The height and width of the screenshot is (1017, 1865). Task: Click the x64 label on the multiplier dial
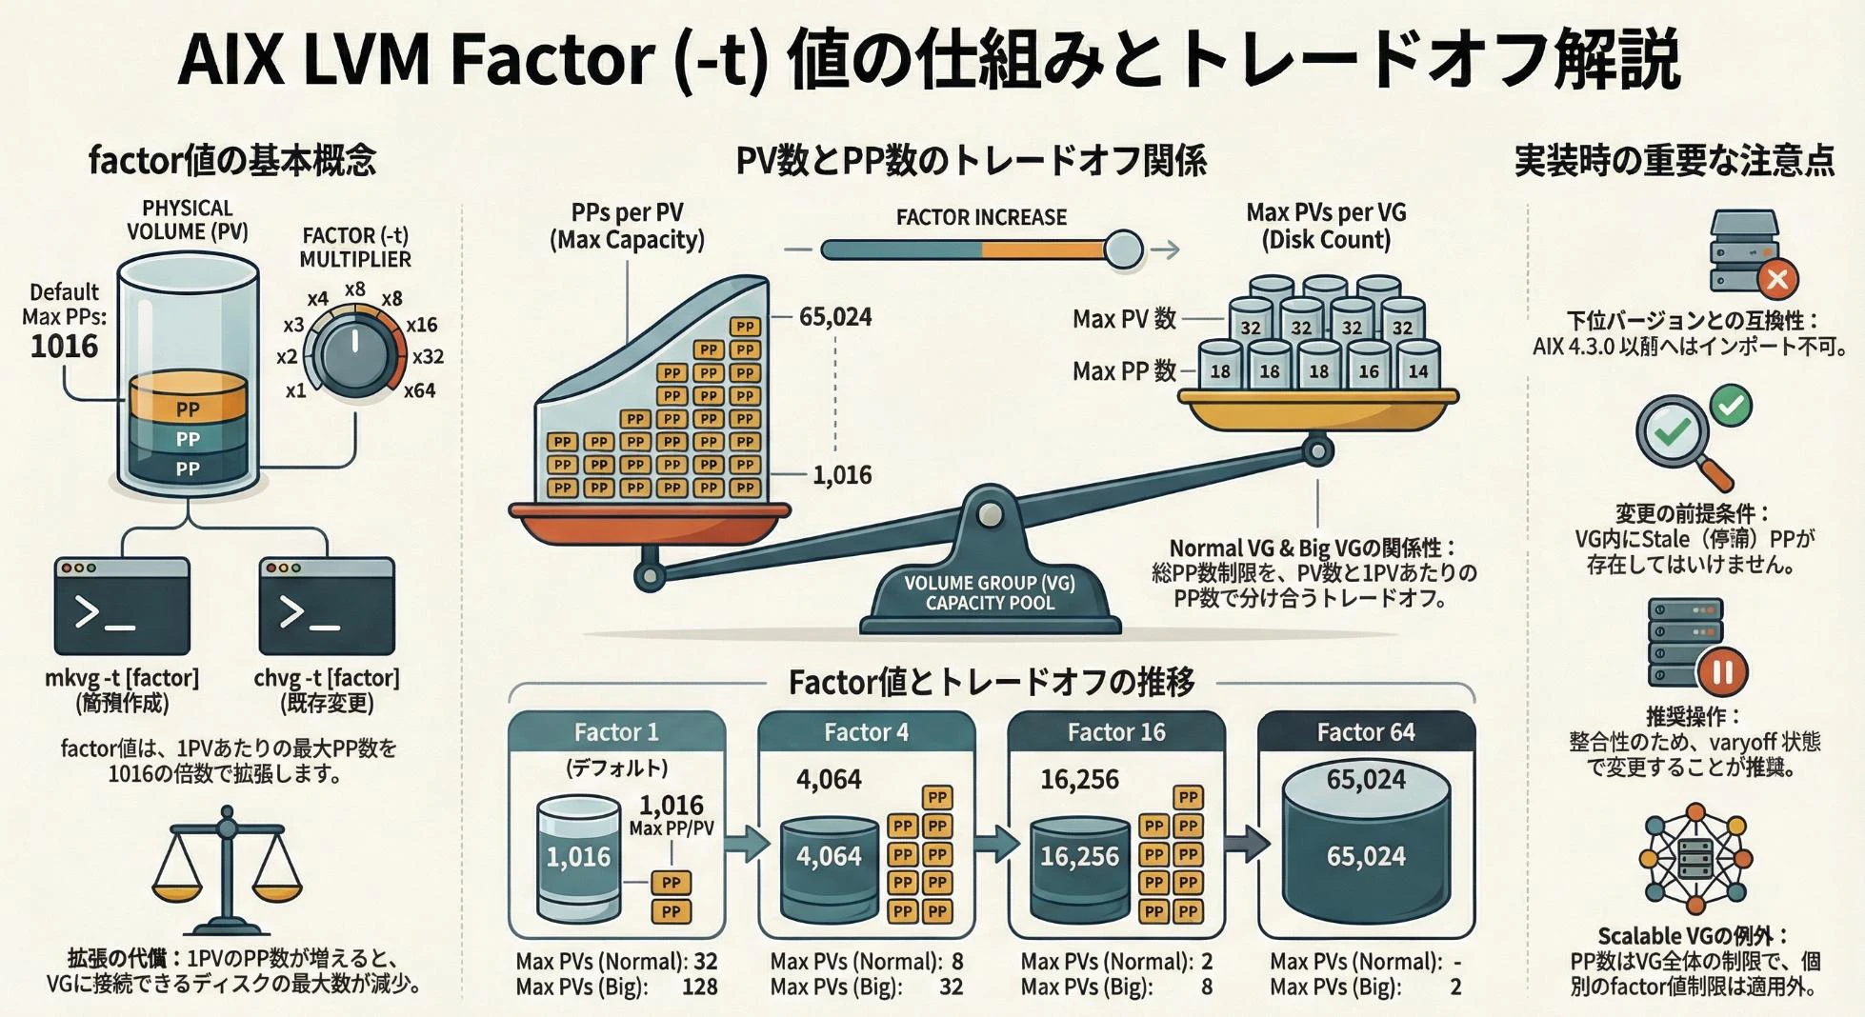[x=419, y=390]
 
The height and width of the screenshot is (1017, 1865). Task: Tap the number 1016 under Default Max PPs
[x=64, y=346]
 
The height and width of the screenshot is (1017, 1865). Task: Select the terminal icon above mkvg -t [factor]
[x=122, y=607]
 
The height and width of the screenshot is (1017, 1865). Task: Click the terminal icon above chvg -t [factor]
[x=327, y=607]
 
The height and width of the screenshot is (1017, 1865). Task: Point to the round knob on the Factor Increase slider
[x=1123, y=249]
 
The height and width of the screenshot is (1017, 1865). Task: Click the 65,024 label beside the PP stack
[x=835, y=316]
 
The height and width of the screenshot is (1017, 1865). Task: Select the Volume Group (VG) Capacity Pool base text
[x=990, y=592]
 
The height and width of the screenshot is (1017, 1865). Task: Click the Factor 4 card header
[x=866, y=731]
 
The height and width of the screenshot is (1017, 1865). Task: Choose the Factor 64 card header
[x=1365, y=731]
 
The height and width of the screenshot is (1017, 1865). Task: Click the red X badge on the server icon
[x=1776, y=279]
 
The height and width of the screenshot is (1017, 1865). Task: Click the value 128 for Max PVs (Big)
[x=699, y=987]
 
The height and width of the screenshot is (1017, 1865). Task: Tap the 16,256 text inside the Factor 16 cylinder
[x=1078, y=856]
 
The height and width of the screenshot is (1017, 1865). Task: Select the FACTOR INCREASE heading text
[x=981, y=217]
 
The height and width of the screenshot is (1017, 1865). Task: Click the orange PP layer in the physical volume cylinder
[x=188, y=401]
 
